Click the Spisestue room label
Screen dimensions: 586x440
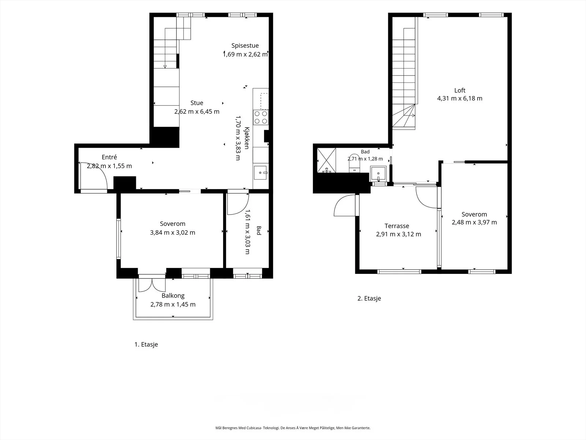point(245,46)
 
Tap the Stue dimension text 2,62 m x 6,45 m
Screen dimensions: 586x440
point(197,112)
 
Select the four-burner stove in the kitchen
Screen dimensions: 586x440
point(261,118)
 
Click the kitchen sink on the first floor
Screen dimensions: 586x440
point(260,173)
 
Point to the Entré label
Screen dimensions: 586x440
point(109,157)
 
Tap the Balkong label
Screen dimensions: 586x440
point(173,296)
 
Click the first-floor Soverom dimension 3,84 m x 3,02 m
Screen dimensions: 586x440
point(173,233)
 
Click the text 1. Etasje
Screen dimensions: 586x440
point(146,344)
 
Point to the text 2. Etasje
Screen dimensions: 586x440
point(369,298)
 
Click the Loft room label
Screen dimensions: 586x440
point(460,90)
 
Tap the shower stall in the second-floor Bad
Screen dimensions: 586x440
point(326,160)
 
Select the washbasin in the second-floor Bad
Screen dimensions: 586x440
point(378,173)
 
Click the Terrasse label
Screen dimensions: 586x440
point(397,226)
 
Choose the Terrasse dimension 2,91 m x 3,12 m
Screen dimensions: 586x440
point(398,234)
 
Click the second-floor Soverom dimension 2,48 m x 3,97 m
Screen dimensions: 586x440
point(474,222)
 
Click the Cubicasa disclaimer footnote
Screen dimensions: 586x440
point(293,428)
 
